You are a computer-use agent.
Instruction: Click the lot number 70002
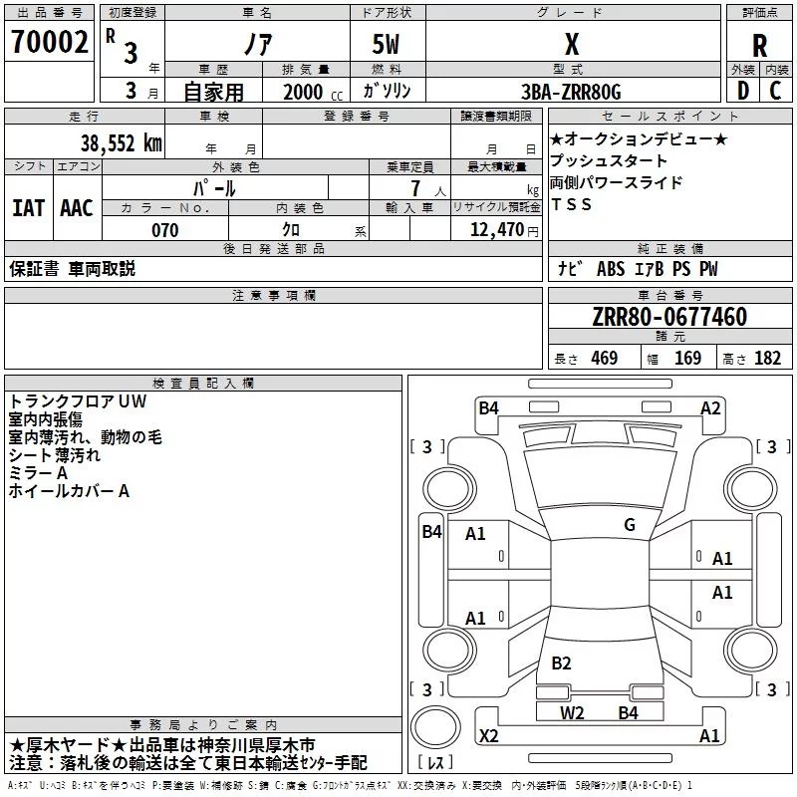[49, 42]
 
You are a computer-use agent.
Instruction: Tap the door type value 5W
[386, 44]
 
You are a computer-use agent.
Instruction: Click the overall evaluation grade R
[759, 46]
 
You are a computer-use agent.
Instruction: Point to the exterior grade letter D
[743, 91]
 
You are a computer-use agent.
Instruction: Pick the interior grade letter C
[775, 91]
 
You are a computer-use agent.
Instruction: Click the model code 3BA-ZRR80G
[571, 92]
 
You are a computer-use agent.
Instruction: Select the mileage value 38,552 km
[121, 143]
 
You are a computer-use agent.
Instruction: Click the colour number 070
[165, 230]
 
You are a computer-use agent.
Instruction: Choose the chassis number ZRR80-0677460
[669, 317]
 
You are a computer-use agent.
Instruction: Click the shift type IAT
[28, 208]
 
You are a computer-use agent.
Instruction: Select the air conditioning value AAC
[77, 208]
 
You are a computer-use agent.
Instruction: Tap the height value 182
[767, 358]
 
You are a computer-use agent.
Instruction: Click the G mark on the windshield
[630, 524]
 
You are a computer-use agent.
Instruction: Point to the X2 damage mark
[489, 735]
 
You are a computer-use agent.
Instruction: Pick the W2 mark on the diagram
[572, 712]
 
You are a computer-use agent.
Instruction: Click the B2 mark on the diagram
[561, 663]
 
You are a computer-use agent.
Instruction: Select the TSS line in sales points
[571, 204]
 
